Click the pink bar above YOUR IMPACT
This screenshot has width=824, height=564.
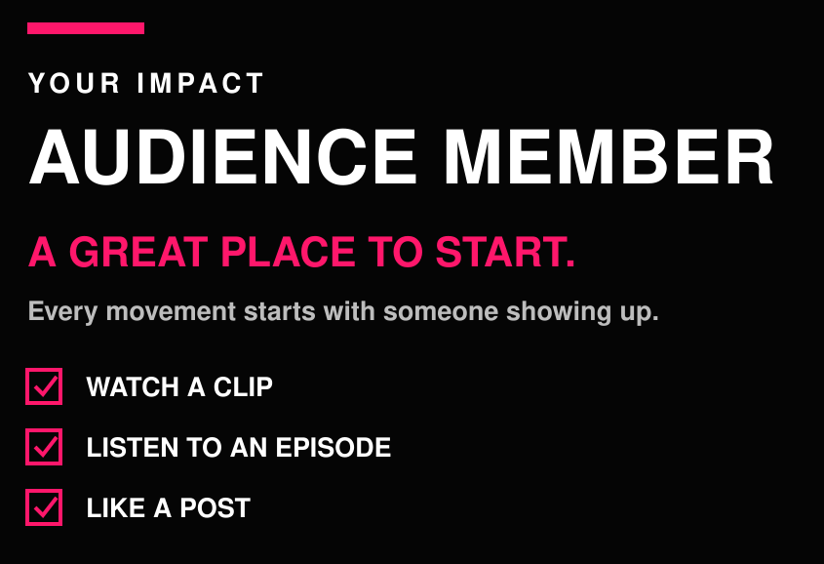point(86,28)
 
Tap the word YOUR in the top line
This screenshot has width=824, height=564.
point(74,83)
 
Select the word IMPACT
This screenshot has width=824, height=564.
point(200,83)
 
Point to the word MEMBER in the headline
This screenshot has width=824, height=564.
point(608,157)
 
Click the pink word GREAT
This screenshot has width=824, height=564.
point(138,252)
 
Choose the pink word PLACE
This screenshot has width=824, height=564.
point(288,252)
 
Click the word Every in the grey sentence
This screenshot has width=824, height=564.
point(62,311)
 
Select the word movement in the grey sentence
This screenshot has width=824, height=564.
point(171,311)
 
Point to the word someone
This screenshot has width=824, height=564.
point(441,311)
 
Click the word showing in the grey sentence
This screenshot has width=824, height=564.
point(559,311)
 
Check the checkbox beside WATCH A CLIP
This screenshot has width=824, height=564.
point(44,386)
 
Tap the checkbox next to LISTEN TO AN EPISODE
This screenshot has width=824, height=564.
point(44,447)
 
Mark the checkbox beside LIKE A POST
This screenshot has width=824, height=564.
point(44,507)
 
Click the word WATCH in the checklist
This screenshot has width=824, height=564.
point(133,386)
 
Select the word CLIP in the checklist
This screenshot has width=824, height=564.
point(243,386)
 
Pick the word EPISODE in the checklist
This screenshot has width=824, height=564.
point(334,447)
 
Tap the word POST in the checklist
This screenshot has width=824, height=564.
point(215,507)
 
